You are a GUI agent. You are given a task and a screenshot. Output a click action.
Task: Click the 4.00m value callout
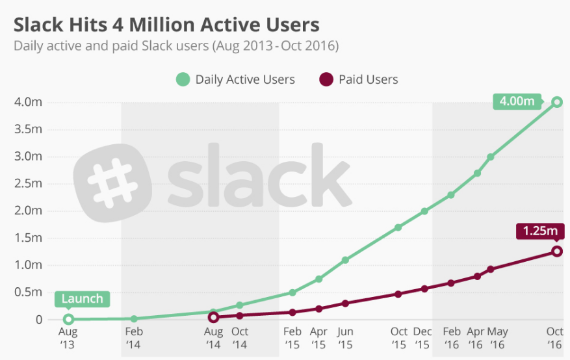click(517, 101)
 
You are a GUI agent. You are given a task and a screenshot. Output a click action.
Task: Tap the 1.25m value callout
click(539, 231)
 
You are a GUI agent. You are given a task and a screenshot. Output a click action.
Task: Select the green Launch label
click(83, 299)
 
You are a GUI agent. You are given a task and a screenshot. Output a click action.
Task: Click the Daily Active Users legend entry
click(236, 80)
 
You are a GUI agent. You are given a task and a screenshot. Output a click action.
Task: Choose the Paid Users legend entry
click(359, 80)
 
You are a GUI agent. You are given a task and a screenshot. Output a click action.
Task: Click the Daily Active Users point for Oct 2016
click(557, 102)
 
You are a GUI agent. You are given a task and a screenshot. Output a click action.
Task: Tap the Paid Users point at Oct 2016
click(557, 251)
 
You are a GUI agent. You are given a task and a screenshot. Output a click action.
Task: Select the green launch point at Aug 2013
click(68, 319)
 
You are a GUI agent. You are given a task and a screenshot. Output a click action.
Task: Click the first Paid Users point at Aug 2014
click(213, 317)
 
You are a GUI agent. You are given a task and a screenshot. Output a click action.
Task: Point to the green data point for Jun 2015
click(345, 260)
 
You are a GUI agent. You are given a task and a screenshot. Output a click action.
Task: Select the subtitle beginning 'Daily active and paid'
click(176, 46)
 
